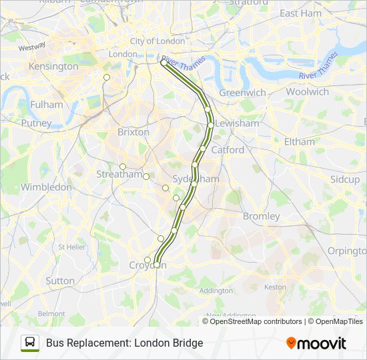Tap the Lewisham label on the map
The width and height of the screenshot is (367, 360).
click(237, 123)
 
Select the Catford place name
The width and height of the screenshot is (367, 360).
click(228, 150)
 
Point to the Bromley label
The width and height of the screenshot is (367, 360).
click(261, 216)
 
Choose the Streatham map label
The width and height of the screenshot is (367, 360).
click(119, 175)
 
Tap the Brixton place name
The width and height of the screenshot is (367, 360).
click(133, 132)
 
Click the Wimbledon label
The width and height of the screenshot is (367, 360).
click(46, 187)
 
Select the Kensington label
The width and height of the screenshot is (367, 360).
click(53, 67)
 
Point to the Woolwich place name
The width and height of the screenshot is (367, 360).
click(308, 92)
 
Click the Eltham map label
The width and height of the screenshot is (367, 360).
click(299, 141)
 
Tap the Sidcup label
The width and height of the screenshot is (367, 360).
click(344, 179)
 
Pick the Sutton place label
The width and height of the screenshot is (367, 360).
click(60, 281)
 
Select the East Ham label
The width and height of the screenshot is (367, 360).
click(300, 13)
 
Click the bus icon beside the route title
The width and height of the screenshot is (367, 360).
click(29, 343)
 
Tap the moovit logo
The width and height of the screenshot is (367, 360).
click(316, 343)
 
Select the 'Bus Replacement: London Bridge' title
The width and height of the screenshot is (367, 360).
click(124, 343)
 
